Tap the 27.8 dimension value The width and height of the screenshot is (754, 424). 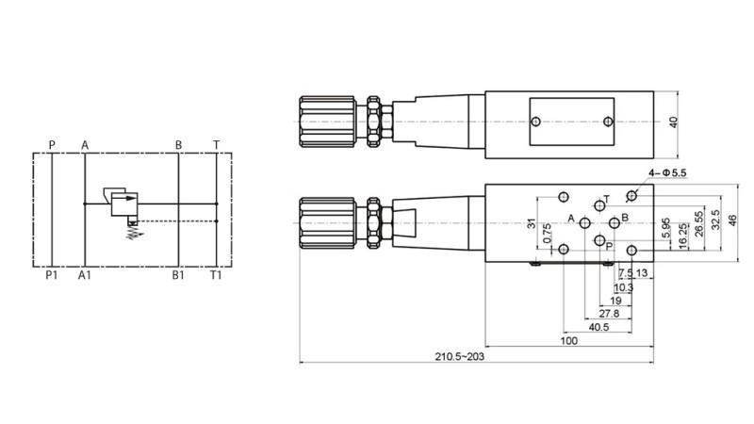point(609,314)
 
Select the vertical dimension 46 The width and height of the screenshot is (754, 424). point(732,220)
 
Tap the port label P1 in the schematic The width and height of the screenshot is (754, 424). point(52,275)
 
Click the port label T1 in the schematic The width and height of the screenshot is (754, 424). point(216,275)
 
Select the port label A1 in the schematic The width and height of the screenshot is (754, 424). point(85,275)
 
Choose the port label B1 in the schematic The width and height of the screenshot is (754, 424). point(177,275)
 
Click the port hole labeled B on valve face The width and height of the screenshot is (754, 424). point(614,222)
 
